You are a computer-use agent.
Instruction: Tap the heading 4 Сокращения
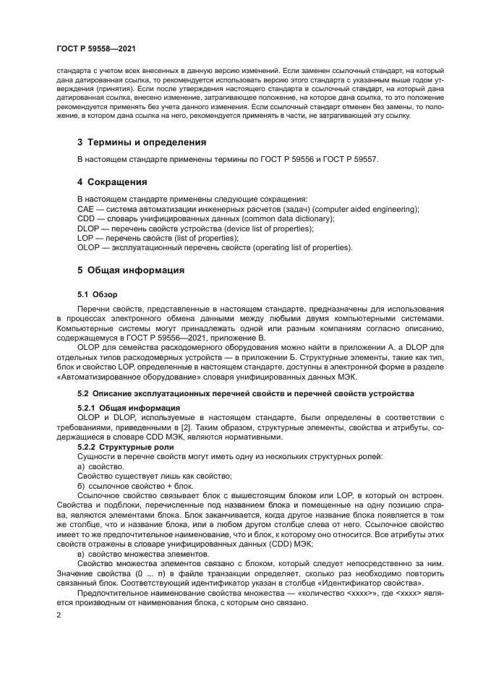tap(112, 181)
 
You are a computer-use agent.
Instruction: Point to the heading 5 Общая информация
tap(131, 270)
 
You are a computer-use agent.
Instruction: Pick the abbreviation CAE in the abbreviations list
tap(85, 209)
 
